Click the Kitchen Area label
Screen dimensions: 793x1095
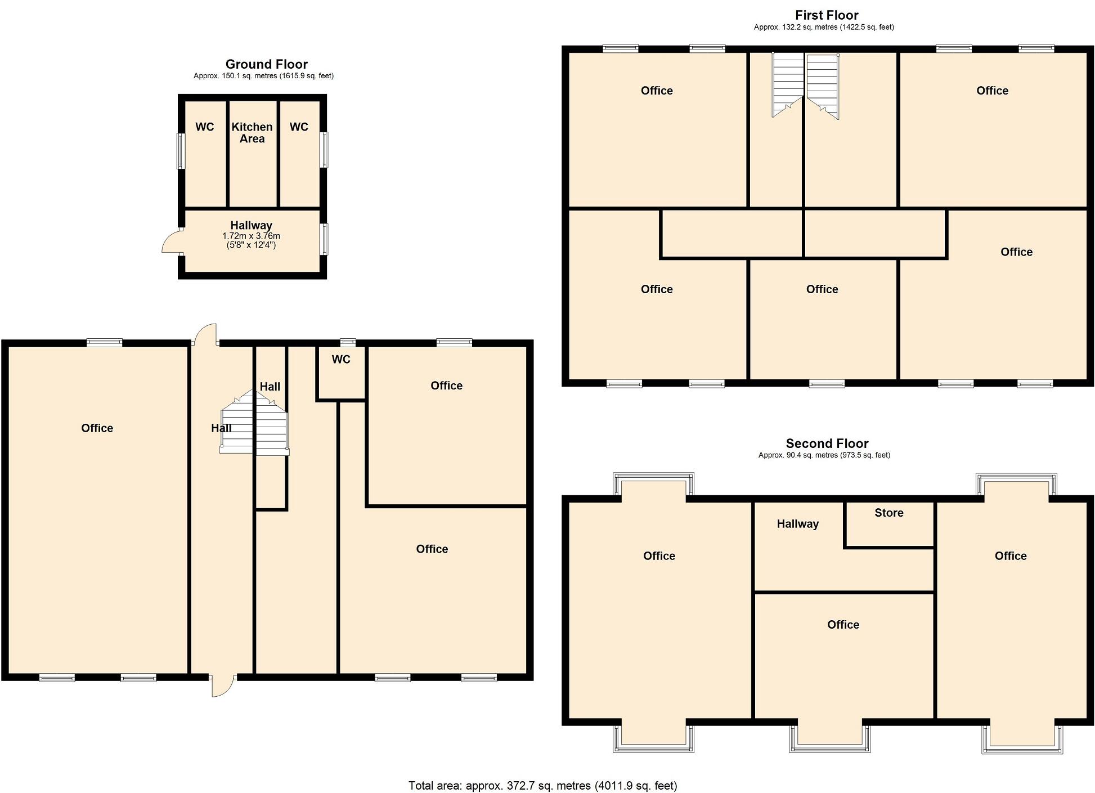[252, 133]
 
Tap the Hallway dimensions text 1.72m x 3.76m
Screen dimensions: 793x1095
[251, 236]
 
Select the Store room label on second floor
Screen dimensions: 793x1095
[888, 513]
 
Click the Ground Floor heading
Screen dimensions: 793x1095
[266, 64]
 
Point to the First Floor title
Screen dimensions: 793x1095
[826, 15]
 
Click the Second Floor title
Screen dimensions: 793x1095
[827, 443]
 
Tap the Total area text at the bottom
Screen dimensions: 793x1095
[542, 786]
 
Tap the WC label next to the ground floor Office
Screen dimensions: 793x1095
[341, 360]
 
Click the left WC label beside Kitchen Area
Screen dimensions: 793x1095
[204, 127]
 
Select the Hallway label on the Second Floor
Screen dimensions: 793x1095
[797, 524]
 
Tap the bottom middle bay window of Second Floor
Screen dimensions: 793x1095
[829, 738]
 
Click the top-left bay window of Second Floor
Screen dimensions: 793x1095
[653, 484]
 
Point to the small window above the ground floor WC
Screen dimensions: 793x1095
[348, 342]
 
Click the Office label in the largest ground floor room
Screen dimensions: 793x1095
[97, 428]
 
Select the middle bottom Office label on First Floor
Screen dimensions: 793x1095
[822, 289]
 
